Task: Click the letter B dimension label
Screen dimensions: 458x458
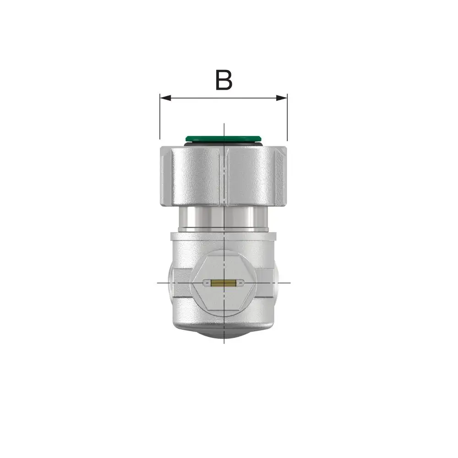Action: [224, 80]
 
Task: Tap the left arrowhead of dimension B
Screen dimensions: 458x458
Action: [165, 98]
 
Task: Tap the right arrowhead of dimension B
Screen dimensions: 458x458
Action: [282, 98]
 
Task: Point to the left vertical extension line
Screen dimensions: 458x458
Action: [160, 116]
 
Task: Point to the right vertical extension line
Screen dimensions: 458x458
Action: [287, 117]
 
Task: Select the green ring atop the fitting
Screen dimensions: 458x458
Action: [224, 138]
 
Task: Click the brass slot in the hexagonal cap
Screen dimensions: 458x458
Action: [224, 283]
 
